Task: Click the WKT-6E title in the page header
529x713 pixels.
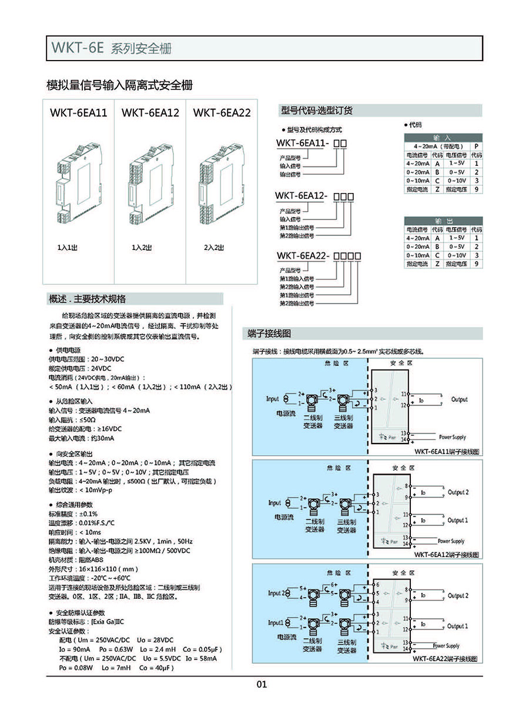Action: pos(78,49)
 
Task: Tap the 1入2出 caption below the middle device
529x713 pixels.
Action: pos(142,248)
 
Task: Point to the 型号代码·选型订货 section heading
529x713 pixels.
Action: pos(317,111)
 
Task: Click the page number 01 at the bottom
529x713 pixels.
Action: pos(262,684)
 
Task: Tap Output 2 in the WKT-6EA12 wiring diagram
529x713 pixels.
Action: pos(458,492)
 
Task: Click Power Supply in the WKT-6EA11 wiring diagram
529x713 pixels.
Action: pos(452,437)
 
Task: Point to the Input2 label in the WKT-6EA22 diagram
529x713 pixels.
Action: pos(277,593)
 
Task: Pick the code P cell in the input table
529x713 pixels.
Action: pos(476,146)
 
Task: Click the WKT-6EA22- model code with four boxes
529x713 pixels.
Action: pos(317,256)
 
